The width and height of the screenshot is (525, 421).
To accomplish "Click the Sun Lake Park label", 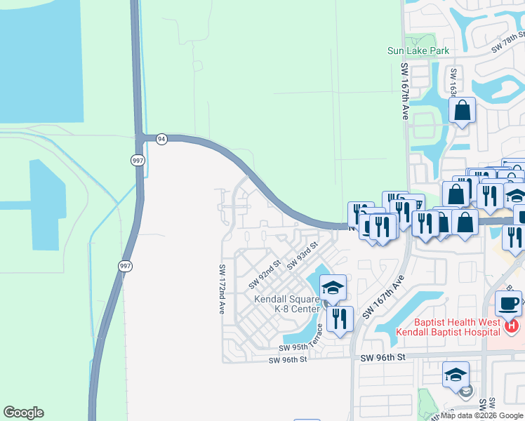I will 418,51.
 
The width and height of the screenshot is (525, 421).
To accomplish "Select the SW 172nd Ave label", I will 222,288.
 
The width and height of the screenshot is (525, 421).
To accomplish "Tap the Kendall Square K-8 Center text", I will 287,304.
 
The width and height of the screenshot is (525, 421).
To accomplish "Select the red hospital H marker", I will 512,326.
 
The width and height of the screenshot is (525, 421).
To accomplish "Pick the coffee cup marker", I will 508,303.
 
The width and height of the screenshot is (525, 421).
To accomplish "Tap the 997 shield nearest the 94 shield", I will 138,160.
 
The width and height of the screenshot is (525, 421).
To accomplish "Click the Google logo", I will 23,413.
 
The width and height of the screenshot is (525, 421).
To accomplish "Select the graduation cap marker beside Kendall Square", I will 333,287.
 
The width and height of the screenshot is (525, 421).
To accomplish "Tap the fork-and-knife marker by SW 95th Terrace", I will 340,319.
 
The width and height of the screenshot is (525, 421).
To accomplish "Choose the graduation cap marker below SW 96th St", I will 456,375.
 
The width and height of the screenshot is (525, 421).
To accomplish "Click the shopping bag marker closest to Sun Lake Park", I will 462,110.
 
